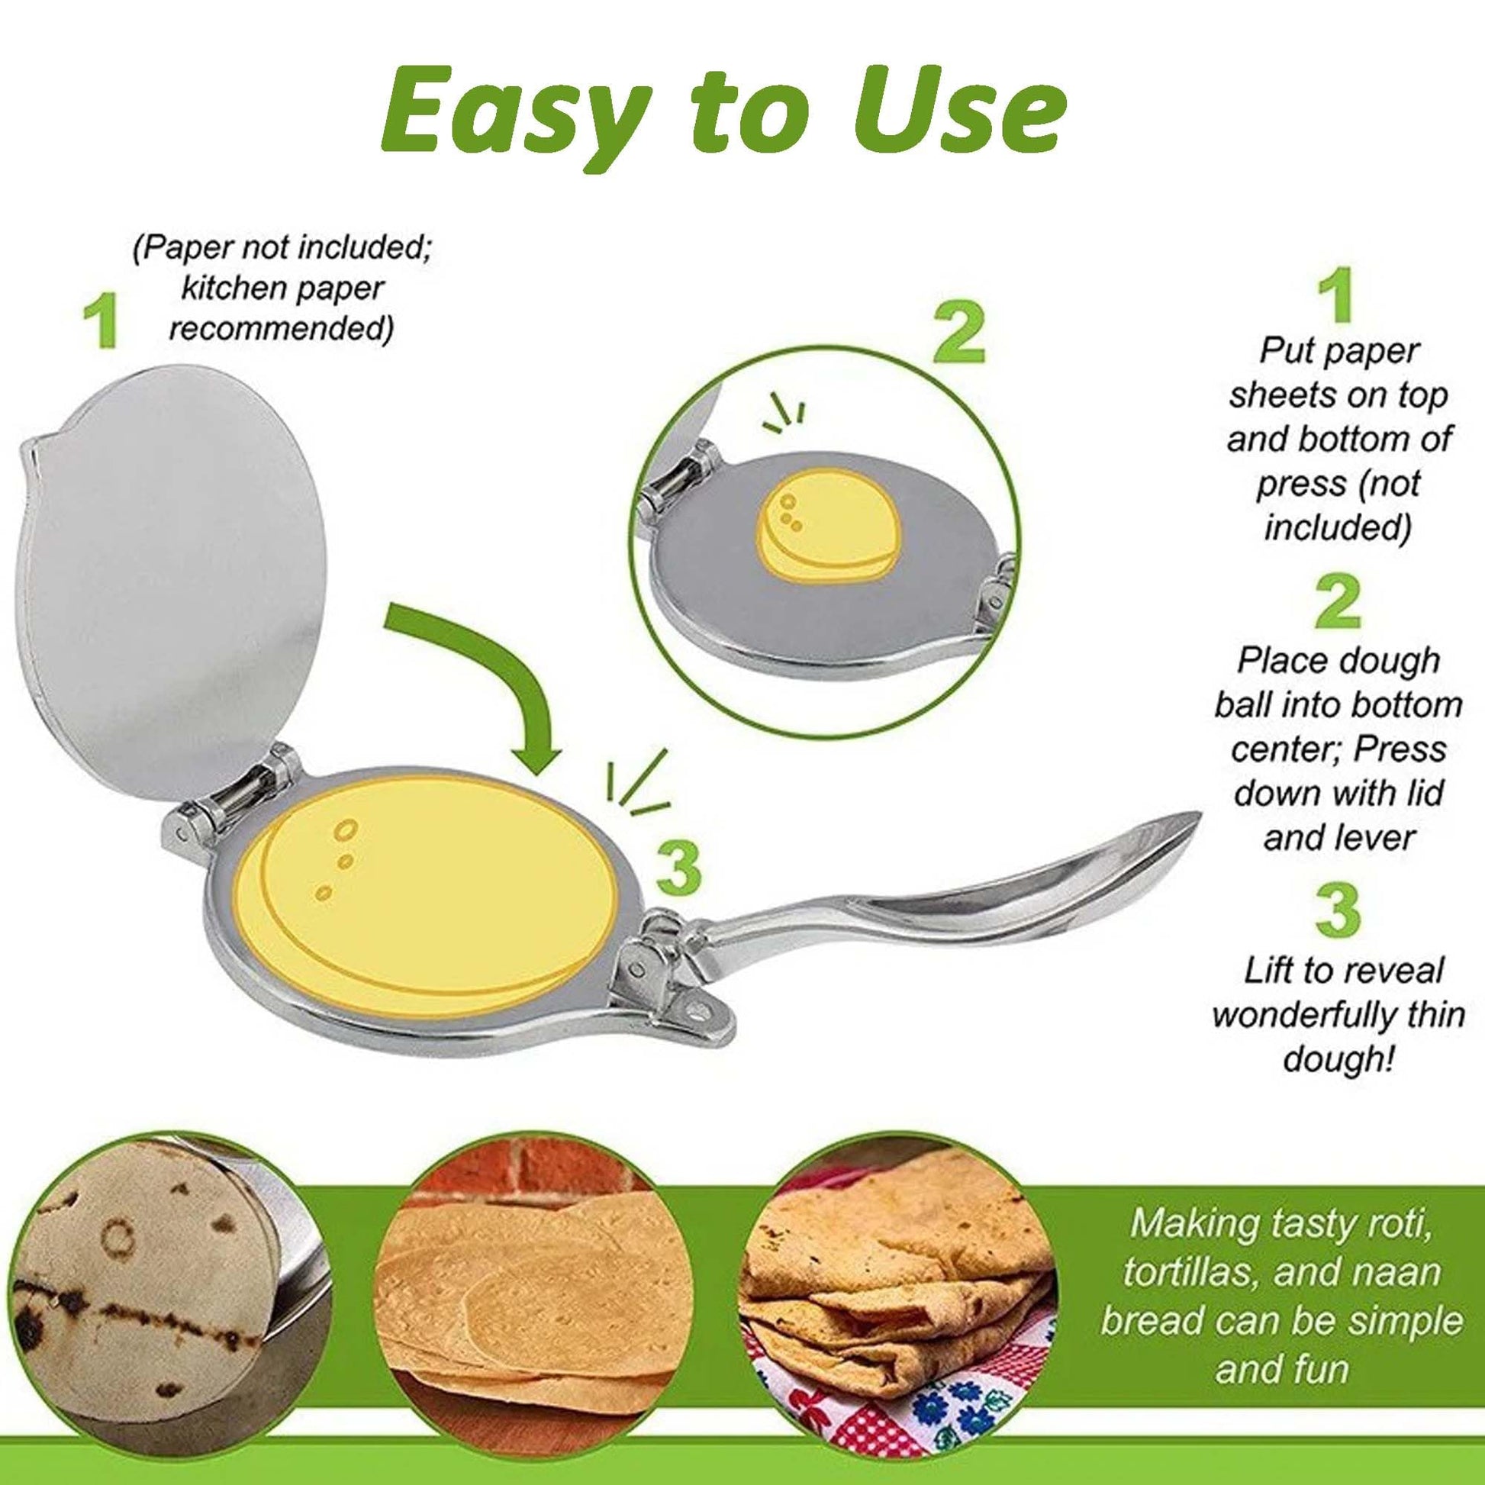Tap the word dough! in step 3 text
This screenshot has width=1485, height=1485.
pos(1338,1061)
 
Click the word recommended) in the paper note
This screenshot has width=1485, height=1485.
pos(281,329)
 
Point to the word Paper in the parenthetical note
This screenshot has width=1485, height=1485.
pos(185,248)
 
